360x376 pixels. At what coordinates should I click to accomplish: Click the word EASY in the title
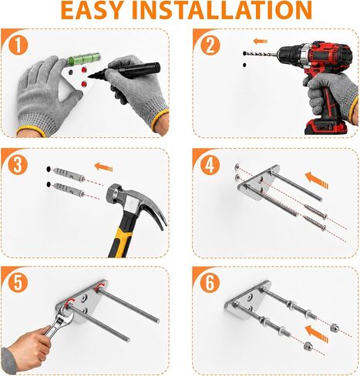click(92, 10)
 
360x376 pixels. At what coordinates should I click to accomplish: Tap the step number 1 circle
click(18, 45)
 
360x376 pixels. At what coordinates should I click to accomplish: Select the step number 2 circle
click(210, 45)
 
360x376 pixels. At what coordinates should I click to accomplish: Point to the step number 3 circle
click(18, 165)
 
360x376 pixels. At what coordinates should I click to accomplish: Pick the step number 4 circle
click(210, 165)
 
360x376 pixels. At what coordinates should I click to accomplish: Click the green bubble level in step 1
click(83, 59)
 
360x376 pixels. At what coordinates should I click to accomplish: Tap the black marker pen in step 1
click(124, 70)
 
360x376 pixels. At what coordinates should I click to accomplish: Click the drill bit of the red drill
click(261, 54)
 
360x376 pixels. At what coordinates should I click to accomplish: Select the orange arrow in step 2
click(260, 41)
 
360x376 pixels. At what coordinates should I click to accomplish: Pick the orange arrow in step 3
click(103, 167)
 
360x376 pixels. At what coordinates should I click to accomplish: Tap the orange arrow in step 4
click(317, 180)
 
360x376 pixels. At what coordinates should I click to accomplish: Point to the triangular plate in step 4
click(260, 182)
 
